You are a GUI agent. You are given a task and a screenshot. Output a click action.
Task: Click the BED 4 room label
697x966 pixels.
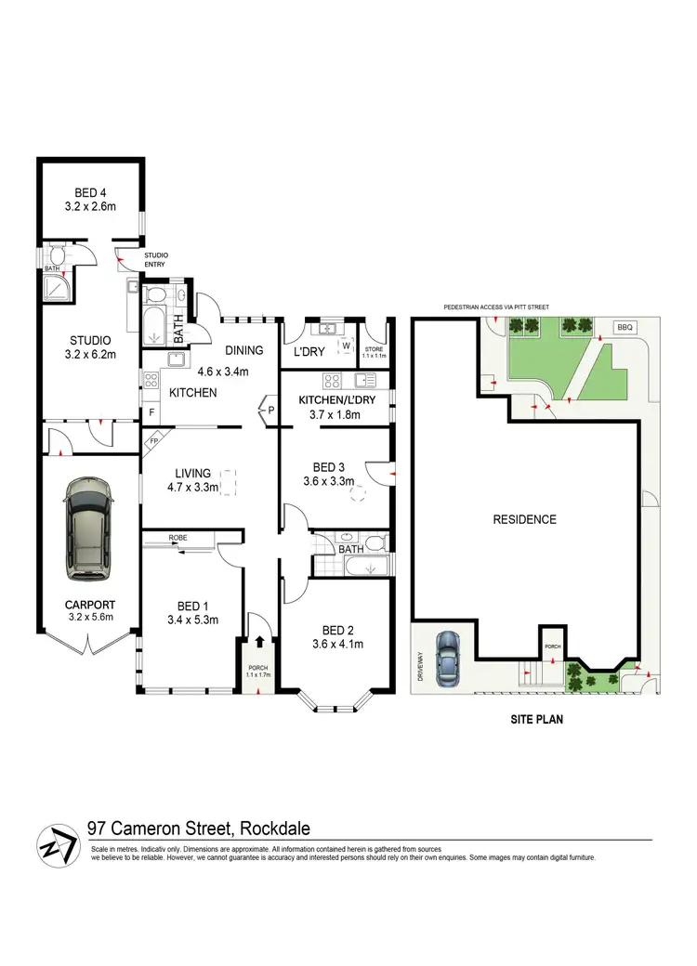coord(91,192)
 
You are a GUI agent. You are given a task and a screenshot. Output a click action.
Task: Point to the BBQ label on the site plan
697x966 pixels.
coord(624,328)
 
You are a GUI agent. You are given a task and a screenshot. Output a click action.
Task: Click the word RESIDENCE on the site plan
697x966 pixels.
coord(524,519)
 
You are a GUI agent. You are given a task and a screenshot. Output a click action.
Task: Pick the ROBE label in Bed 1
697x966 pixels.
coord(180,538)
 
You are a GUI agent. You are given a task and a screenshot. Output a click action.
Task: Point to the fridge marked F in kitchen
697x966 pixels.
coord(151,411)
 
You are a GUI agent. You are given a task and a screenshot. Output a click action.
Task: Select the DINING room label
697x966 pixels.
coord(244,350)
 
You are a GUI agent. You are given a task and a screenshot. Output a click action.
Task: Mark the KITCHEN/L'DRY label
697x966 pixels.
coord(336,399)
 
